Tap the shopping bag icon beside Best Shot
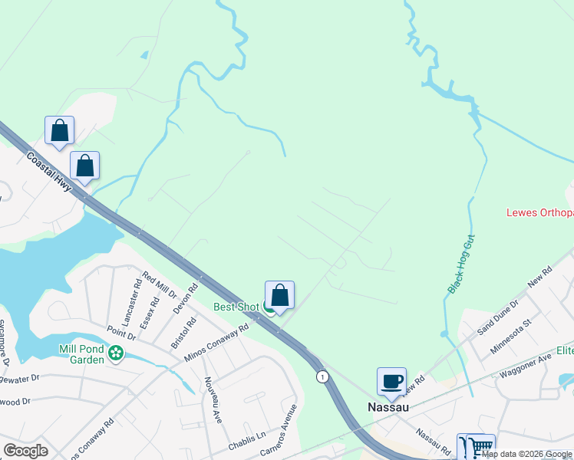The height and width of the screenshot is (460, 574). click(279, 295)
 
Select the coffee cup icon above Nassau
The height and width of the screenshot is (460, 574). click(391, 381)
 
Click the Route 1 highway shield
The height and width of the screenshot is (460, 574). click(323, 376)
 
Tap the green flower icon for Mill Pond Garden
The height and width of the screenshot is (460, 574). click(116, 353)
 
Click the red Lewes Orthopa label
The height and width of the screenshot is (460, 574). click(539, 212)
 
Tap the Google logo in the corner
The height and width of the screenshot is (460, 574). click(25, 451)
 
